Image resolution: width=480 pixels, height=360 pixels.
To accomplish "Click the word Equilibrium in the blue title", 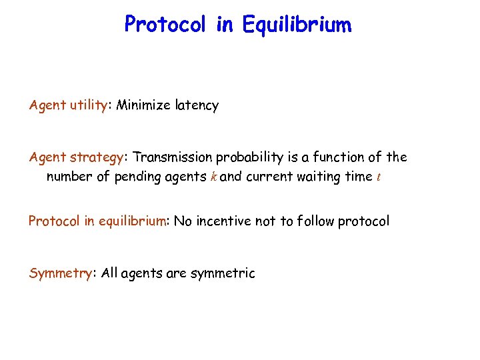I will tap(297, 25).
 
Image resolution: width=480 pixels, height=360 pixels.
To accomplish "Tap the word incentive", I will tap(223, 221).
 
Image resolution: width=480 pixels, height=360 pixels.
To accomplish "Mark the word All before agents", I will tap(111, 273).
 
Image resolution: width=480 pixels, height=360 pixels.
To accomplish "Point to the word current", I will tap(272, 177).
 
